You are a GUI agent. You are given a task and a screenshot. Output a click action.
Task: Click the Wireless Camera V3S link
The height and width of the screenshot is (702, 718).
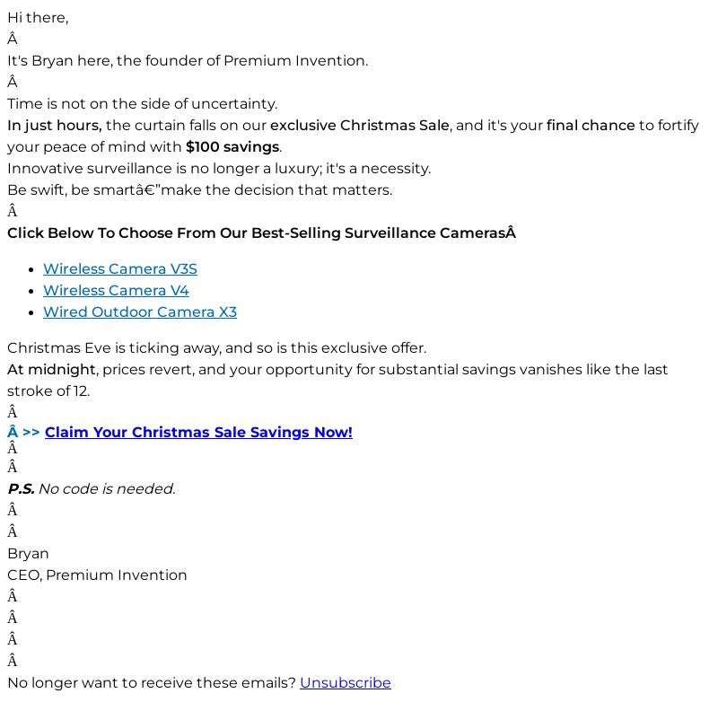pyautogui.click(x=119, y=269)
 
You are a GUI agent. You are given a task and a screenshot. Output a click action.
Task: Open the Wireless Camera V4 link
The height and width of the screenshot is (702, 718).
pyautogui.click(x=116, y=291)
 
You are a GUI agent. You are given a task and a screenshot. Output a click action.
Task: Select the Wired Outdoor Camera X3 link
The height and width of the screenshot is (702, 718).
pyautogui.click(x=139, y=312)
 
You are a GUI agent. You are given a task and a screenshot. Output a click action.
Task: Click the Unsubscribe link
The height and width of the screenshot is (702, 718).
pyautogui.click(x=345, y=683)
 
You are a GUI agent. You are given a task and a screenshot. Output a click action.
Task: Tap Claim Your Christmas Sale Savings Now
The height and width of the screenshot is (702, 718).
pyautogui.click(x=198, y=433)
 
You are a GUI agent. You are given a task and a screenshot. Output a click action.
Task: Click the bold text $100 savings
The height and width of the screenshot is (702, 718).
pyautogui.click(x=232, y=147)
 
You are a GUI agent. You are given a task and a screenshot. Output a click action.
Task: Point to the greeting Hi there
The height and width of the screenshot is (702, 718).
pyautogui.click(x=38, y=18)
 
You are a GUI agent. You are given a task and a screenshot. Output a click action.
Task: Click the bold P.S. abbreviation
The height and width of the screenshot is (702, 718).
pyautogui.click(x=21, y=489)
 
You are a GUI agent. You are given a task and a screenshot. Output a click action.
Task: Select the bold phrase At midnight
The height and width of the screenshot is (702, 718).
pyautogui.click(x=51, y=370)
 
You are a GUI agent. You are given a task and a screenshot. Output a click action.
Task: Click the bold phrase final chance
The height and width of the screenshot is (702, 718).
pyautogui.click(x=590, y=126)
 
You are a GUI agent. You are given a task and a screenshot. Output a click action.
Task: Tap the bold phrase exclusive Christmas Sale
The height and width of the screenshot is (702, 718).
pyautogui.click(x=359, y=126)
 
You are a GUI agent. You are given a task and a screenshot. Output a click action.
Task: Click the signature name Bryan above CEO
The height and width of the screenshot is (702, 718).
pyautogui.click(x=28, y=554)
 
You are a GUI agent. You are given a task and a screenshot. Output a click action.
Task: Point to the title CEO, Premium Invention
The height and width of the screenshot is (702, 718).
pyautogui.click(x=97, y=575)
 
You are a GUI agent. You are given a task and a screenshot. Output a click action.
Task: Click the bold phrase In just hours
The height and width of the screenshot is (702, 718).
pyautogui.click(x=54, y=126)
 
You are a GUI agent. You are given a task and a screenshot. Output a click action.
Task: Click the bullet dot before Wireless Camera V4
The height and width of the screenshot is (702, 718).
pyautogui.click(x=33, y=291)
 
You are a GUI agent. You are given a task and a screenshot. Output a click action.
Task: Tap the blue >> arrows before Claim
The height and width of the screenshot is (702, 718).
pyautogui.click(x=31, y=433)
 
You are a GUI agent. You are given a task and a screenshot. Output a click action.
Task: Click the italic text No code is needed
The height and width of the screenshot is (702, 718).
pyautogui.click(x=107, y=489)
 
